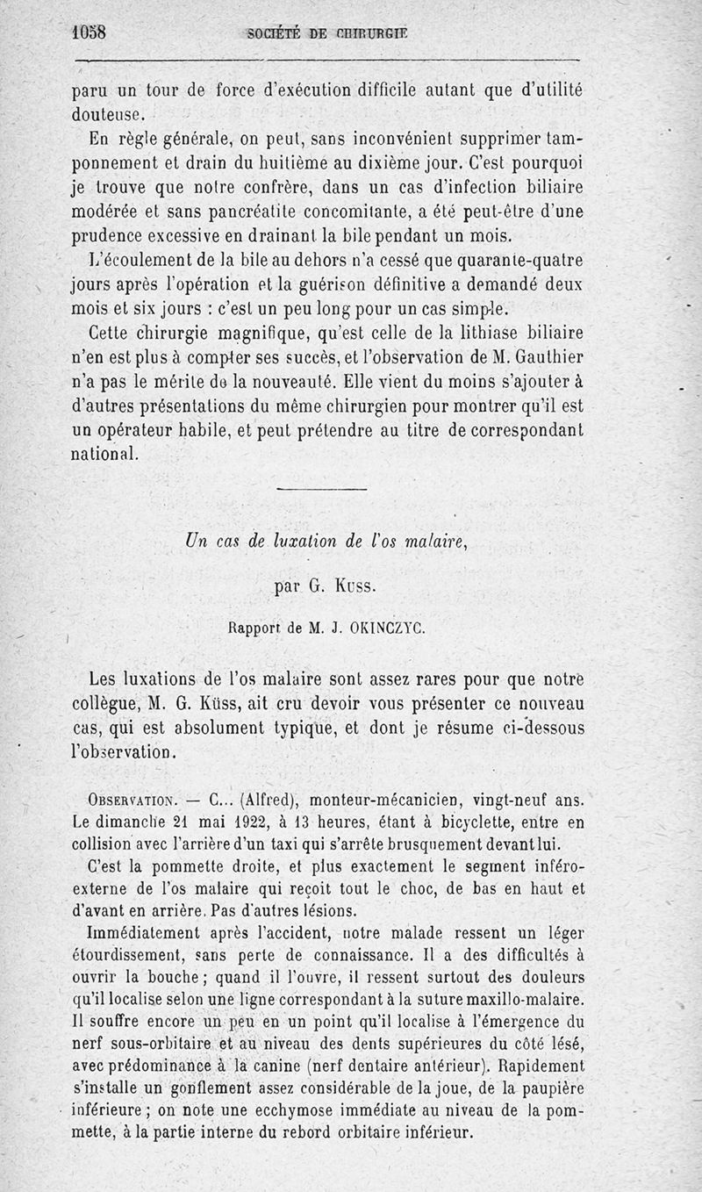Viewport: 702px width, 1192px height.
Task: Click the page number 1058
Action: click(x=88, y=33)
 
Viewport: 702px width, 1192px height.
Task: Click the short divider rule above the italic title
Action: click(x=321, y=489)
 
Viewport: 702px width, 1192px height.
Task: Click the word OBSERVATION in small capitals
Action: click(x=133, y=801)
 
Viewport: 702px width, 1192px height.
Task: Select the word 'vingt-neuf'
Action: click(x=511, y=801)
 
